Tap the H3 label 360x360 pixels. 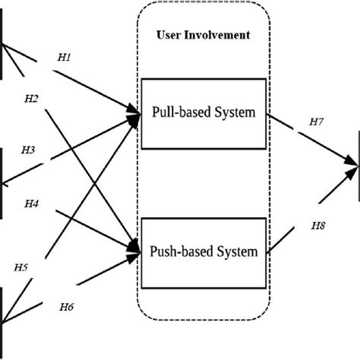[28, 150]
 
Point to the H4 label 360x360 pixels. [32, 204]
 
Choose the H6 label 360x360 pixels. [68, 307]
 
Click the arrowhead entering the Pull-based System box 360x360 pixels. [137, 115]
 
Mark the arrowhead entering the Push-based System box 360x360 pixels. [137, 248]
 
